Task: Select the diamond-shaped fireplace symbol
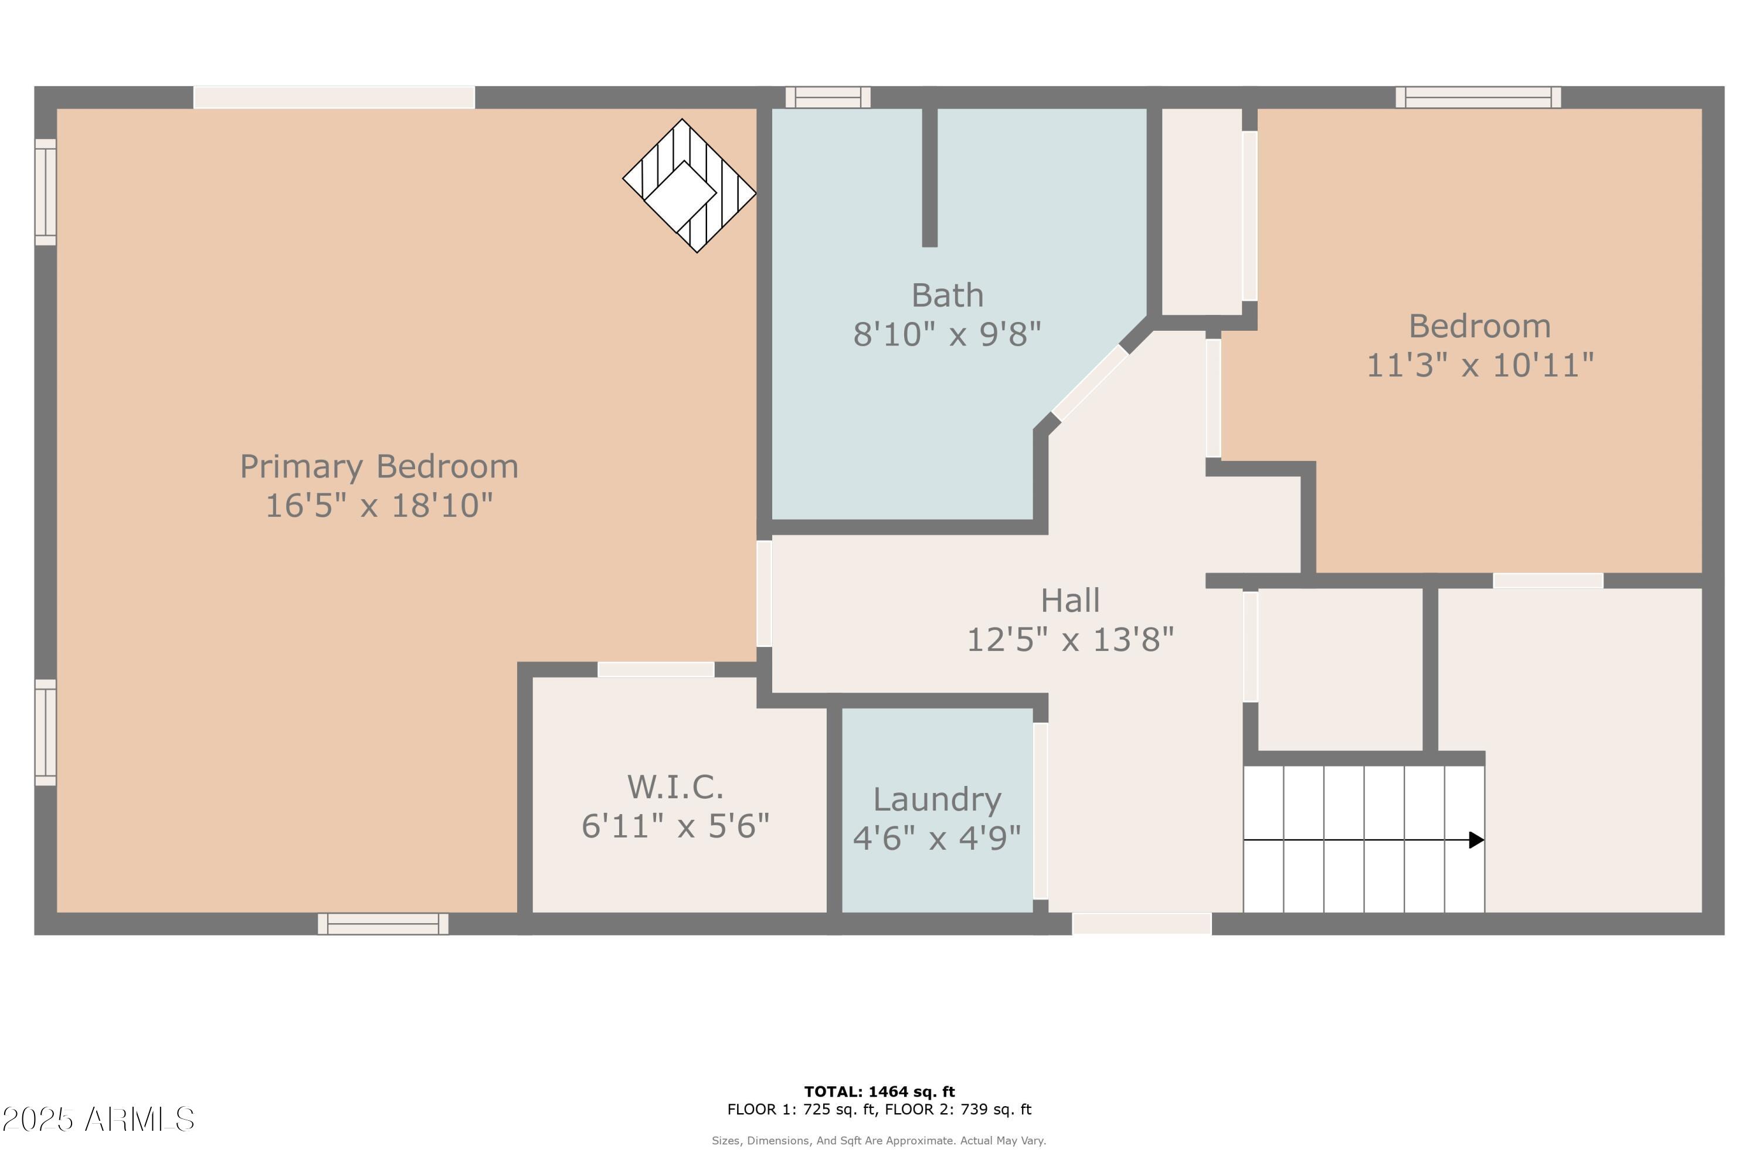(689, 185)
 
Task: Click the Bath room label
(947, 296)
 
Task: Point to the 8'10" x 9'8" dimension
(947, 334)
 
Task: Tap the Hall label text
(1070, 601)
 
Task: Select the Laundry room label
(937, 800)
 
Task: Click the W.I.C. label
(675, 787)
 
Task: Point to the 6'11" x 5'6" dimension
(675, 826)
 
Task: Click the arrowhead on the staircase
(1476, 840)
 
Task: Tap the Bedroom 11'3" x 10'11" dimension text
(1479, 366)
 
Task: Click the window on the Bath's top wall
(828, 97)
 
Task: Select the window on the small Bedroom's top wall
(1478, 97)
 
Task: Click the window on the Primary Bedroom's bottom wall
(383, 924)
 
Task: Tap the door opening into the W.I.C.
(656, 670)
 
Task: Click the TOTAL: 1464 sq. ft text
(880, 1091)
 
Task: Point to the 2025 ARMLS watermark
(98, 1120)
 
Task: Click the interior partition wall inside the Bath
(929, 177)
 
